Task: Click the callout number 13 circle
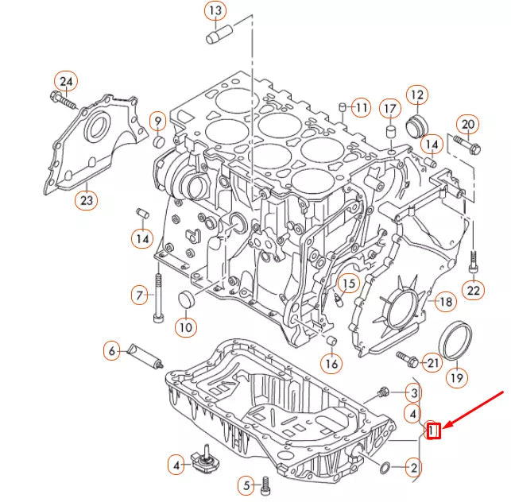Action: pyautogui.click(x=215, y=11)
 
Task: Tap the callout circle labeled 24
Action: pyautogui.click(x=66, y=81)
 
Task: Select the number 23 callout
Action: pyautogui.click(x=86, y=200)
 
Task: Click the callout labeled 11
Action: pyautogui.click(x=361, y=107)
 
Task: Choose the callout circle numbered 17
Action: pyautogui.click(x=389, y=108)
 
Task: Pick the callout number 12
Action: pyautogui.click(x=416, y=95)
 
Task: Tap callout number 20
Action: pyautogui.click(x=467, y=124)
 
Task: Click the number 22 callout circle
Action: pyautogui.click(x=474, y=291)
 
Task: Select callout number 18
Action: pyautogui.click(x=445, y=302)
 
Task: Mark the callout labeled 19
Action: pyautogui.click(x=455, y=378)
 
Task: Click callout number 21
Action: pyautogui.click(x=431, y=363)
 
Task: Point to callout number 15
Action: pyautogui.click(x=347, y=283)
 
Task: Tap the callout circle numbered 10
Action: pyautogui.click(x=184, y=326)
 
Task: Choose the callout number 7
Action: pyautogui.click(x=140, y=295)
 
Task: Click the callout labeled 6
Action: pyautogui.click(x=113, y=349)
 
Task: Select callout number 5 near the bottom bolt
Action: pyautogui.click(x=247, y=485)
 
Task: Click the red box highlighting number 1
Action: pyautogui.click(x=434, y=431)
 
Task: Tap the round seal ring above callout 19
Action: pyautogui.click(x=455, y=340)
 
